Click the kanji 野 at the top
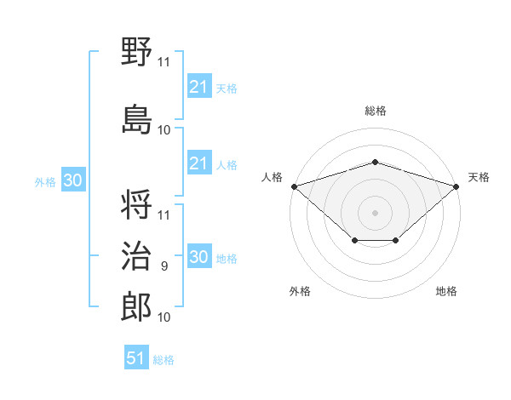tap(137, 53)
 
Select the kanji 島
tap(137, 117)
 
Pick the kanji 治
tap(137, 257)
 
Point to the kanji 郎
tap(137, 307)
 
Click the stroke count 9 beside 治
tap(164, 266)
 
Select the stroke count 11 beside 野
tap(164, 61)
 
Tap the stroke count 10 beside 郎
tap(164, 317)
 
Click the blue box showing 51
tap(136, 358)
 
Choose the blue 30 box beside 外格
tap(72, 180)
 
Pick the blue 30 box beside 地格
tap(198, 258)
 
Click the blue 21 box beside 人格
tap(198, 163)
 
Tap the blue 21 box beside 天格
tap(198, 86)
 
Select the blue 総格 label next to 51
tap(164, 359)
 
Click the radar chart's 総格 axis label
tap(375, 111)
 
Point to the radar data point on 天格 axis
tap(456, 186)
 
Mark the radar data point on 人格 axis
tap(294, 186)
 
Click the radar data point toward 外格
tap(354, 242)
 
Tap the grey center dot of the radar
tap(375, 212)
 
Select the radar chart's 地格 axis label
tap(446, 291)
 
